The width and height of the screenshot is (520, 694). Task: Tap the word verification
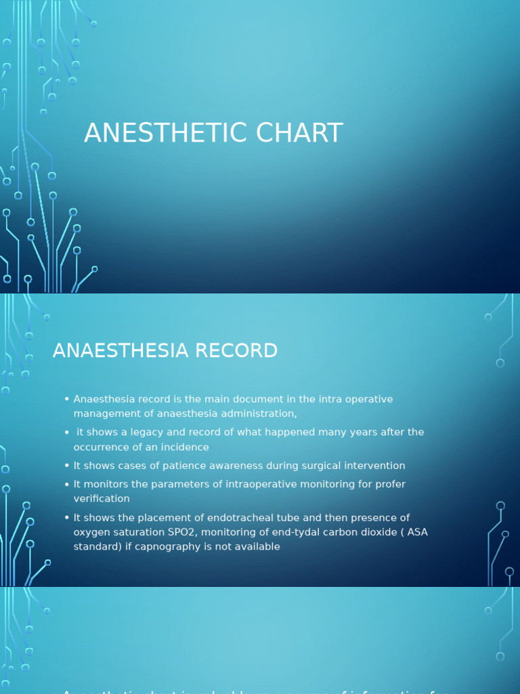click(x=102, y=499)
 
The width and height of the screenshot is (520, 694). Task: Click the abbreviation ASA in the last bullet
click(x=418, y=533)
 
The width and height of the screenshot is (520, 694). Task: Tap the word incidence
click(x=187, y=447)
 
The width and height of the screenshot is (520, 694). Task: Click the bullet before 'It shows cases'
click(x=67, y=466)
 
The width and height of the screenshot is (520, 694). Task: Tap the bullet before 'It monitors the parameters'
click(x=67, y=485)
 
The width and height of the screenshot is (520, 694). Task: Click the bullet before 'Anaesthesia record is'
click(x=67, y=399)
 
